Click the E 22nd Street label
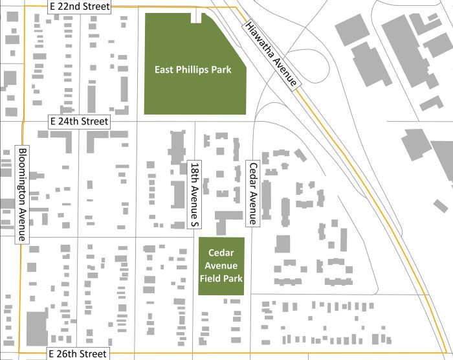point(80,6)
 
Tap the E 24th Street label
point(80,121)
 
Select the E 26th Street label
point(77,354)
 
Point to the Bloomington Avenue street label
point(22,194)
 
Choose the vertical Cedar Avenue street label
point(253,193)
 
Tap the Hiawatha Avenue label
point(271,55)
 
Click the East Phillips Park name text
point(193,69)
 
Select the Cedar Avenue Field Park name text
point(221,266)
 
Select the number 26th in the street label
point(64,354)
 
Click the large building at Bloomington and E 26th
point(36,328)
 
